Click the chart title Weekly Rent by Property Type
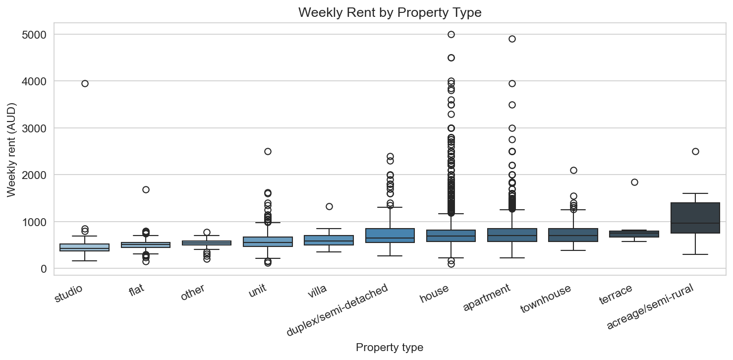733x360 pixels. pyautogui.click(x=390, y=13)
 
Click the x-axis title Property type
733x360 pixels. pyautogui.click(x=390, y=348)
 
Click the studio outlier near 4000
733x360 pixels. pyautogui.click(x=85, y=83)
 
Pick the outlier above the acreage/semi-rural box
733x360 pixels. pyautogui.click(x=695, y=151)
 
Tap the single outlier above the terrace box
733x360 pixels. pyautogui.click(x=634, y=182)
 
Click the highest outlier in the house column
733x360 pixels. pyautogui.click(x=451, y=34)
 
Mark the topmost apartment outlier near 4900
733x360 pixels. pyautogui.click(x=512, y=39)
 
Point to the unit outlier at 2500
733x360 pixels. pyautogui.click(x=268, y=151)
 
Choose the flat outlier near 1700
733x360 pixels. pyautogui.click(x=146, y=189)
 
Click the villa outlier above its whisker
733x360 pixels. pyautogui.click(x=329, y=206)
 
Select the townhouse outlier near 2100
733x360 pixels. pyautogui.click(x=573, y=170)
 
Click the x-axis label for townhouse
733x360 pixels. pyautogui.click(x=546, y=299)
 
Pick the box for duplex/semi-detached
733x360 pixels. pyautogui.click(x=390, y=235)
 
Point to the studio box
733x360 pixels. pyautogui.click(x=85, y=247)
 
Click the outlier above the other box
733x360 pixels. pyautogui.click(x=207, y=232)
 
